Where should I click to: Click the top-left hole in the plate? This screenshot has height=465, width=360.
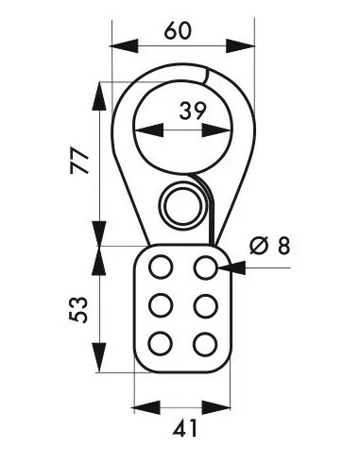tap(161, 267)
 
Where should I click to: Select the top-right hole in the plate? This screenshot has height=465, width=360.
tap(206, 267)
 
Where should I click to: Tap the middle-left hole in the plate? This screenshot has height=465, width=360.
tap(161, 305)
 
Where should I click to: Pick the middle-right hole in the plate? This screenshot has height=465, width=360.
tap(206, 305)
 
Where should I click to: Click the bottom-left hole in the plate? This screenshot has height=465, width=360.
tap(161, 342)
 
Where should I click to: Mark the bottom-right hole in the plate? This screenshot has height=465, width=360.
tap(206, 342)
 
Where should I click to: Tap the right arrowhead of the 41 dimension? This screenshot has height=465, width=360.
tap(226, 408)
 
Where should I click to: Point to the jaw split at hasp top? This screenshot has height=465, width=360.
tap(205, 72)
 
